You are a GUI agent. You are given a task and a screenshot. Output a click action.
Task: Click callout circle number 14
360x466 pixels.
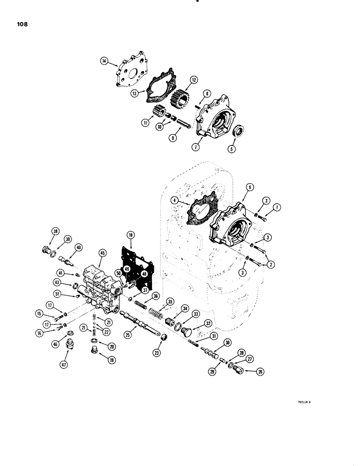(103, 60)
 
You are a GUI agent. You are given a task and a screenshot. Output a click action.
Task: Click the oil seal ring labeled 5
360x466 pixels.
(239, 130)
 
